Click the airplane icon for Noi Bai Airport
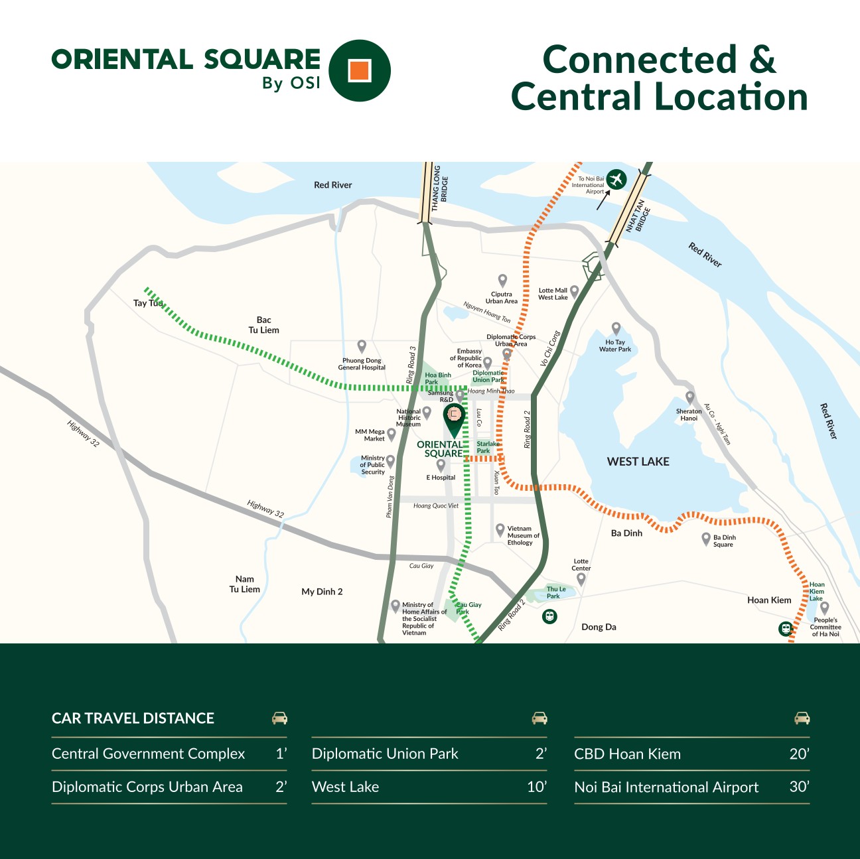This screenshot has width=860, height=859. point(616,179)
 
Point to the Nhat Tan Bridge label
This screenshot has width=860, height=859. point(638,216)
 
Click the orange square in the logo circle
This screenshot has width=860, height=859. point(360,70)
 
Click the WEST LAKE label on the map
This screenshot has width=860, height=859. point(638,462)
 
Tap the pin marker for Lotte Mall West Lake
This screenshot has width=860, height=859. point(575,291)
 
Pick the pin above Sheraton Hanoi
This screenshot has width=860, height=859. point(689,397)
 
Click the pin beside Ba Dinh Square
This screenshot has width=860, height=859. point(706,539)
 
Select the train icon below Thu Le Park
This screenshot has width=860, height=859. point(549,617)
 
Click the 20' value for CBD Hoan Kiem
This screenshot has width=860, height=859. point(799,754)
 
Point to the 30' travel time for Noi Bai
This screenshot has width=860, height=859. point(799,787)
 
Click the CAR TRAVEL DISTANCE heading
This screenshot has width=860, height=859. point(133,718)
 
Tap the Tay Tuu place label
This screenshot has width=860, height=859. point(147,303)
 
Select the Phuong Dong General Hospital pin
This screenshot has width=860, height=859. point(362,346)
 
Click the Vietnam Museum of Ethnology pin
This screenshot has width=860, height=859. point(500,529)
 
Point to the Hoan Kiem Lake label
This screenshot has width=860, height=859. point(817,592)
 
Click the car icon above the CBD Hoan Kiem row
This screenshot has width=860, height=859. point(802,718)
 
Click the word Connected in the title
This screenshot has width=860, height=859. point(640,60)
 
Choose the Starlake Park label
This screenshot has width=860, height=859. point(488,447)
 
